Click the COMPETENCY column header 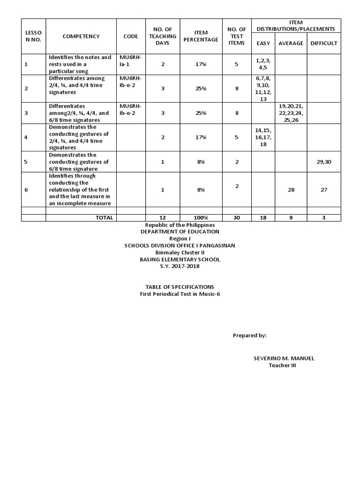pyautogui.click(x=81, y=36)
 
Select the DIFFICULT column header pyautogui.click(x=323, y=44)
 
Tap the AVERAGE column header pyautogui.click(x=291, y=44)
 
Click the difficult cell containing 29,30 pyautogui.click(x=323, y=162)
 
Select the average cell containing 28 pyautogui.click(x=291, y=189)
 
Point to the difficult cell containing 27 pyautogui.click(x=323, y=189)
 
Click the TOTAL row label pyautogui.click(x=104, y=217)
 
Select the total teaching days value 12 pyautogui.click(x=162, y=217)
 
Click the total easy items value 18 pyautogui.click(x=263, y=217)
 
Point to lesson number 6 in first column pyautogui.click(x=26, y=189)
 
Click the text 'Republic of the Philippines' pyautogui.click(x=180, y=225)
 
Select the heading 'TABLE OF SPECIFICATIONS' pyautogui.click(x=180, y=286)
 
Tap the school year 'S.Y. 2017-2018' pyautogui.click(x=180, y=266)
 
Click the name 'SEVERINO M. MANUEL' pyautogui.click(x=284, y=359)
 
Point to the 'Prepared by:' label pyautogui.click(x=249, y=336)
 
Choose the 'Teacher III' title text pyautogui.click(x=282, y=366)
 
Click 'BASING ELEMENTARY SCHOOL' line pyautogui.click(x=180, y=259)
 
